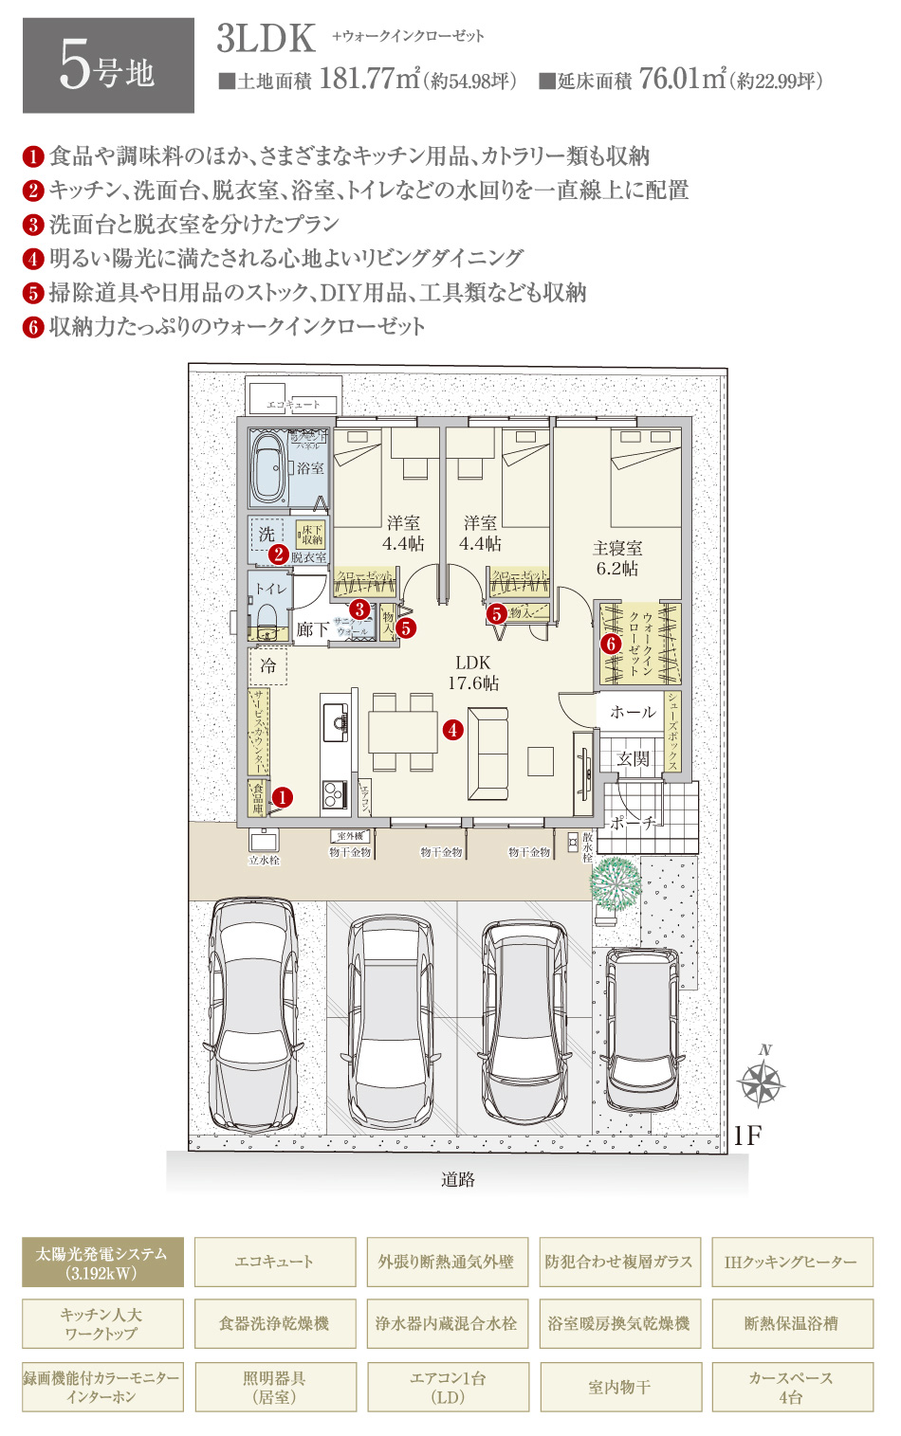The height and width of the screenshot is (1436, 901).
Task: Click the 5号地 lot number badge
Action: [108, 66]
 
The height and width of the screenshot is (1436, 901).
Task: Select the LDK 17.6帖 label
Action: [472, 673]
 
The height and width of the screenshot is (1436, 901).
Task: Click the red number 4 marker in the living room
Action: [453, 730]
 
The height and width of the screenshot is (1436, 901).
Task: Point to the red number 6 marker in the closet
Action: [612, 645]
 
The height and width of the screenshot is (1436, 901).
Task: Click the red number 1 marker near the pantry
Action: [282, 798]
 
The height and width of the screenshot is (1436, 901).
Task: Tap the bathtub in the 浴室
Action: [268, 468]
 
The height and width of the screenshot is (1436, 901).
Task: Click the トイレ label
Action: [270, 589]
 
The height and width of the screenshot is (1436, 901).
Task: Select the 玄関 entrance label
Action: [634, 758]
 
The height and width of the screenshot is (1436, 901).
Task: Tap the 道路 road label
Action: [457, 1179]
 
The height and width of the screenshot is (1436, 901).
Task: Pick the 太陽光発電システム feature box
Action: [102, 1263]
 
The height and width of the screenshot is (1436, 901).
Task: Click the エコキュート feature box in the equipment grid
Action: [275, 1263]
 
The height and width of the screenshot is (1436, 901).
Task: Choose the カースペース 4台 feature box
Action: [791, 1387]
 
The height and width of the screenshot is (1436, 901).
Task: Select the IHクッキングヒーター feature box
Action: [791, 1263]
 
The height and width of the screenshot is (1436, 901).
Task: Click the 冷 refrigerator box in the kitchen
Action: [268, 665]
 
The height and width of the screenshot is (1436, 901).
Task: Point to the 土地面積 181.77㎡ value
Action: [370, 79]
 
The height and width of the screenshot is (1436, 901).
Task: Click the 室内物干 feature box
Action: [619, 1387]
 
